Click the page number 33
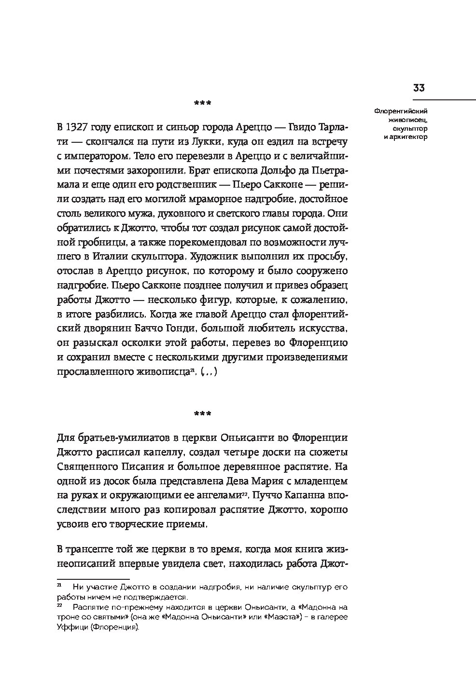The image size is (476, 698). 418,88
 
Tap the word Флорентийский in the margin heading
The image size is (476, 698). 400,111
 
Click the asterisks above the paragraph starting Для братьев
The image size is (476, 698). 202,413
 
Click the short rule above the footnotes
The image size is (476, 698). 94,578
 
